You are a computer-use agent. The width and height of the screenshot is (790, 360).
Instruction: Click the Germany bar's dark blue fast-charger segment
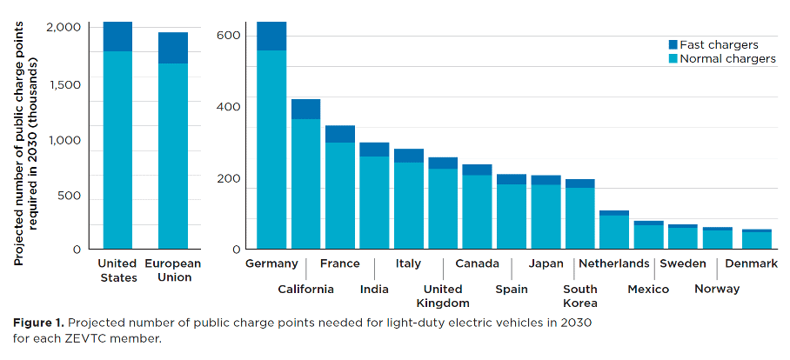pyautogui.click(x=271, y=36)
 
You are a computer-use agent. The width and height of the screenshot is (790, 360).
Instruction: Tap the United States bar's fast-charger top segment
pyautogui.click(x=117, y=37)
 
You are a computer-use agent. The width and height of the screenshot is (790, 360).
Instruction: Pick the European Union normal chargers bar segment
pyautogui.click(x=173, y=157)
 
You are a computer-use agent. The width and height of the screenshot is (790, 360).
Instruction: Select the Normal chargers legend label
pyautogui.click(x=727, y=59)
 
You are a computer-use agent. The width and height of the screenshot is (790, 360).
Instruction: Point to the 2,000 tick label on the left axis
pyautogui.click(x=64, y=28)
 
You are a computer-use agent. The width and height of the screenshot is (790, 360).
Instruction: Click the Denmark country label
pyautogui.click(x=751, y=263)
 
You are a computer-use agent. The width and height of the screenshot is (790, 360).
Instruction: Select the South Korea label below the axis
pyautogui.click(x=580, y=296)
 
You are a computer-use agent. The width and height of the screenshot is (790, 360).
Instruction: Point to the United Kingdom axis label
pyautogui.click(x=442, y=296)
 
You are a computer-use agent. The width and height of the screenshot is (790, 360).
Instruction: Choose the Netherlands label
pyautogui.click(x=613, y=263)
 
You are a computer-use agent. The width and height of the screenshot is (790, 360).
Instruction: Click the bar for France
pyautogui.click(x=339, y=196)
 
